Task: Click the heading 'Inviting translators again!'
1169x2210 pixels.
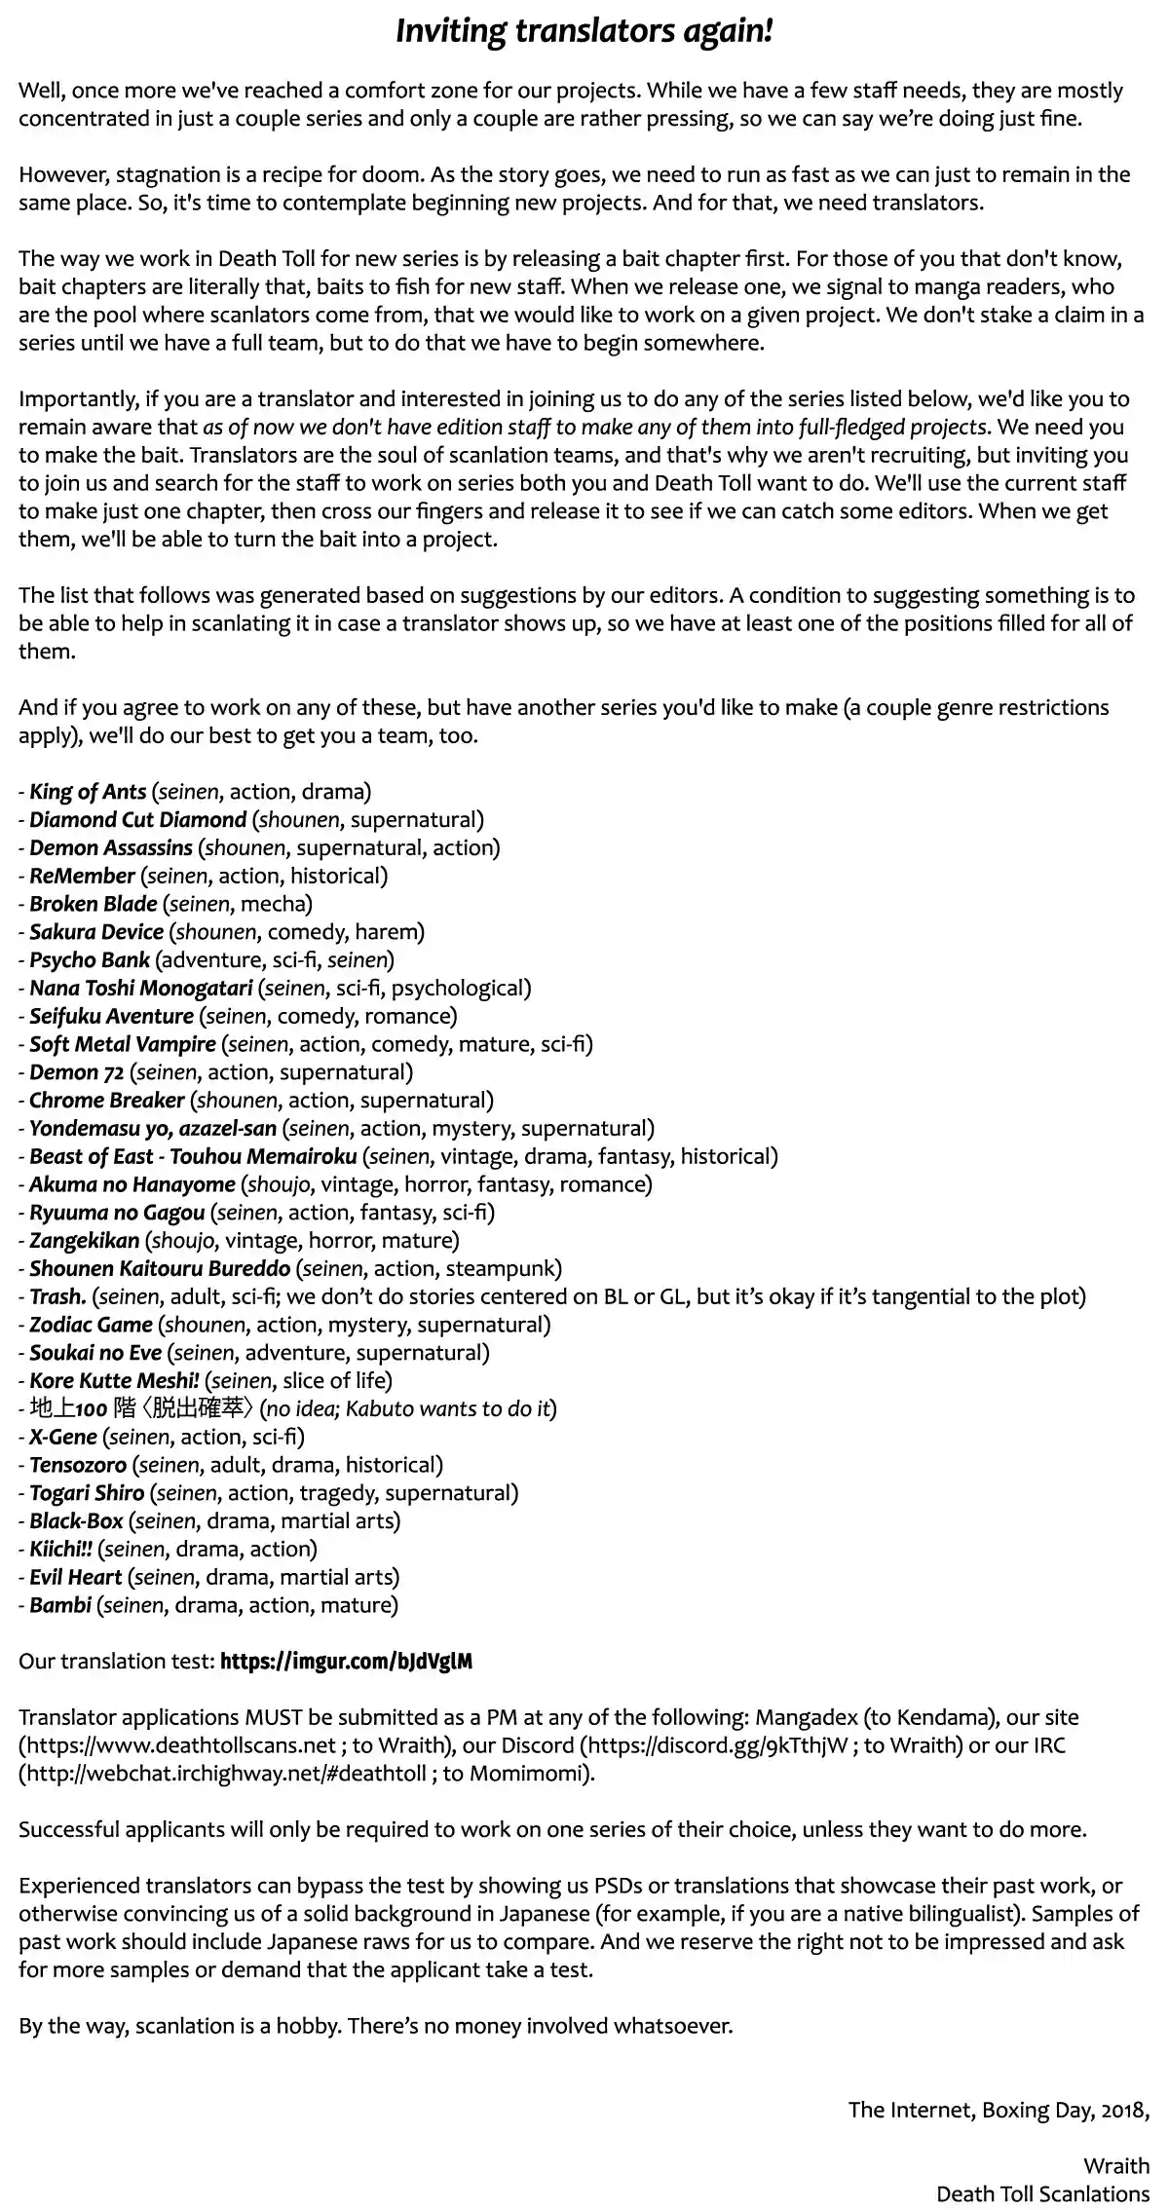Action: pyautogui.click(x=584, y=32)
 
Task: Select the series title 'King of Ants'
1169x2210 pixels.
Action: pyautogui.click(x=88, y=792)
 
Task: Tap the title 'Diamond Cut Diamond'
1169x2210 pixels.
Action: pyautogui.click(x=137, y=820)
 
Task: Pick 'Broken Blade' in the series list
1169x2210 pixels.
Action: pyautogui.click(x=93, y=904)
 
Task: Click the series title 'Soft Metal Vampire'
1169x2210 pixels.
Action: pyautogui.click(x=122, y=1044)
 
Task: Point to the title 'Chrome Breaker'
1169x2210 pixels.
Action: pyautogui.click(x=106, y=1101)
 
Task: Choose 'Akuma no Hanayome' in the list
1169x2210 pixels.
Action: pyautogui.click(x=132, y=1184)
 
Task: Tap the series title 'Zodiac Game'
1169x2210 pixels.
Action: pyautogui.click(x=91, y=1325)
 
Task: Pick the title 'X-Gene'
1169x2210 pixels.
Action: pyautogui.click(x=63, y=1437)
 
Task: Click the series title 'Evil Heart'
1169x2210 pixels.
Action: pyautogui.click(x=75, y=1577)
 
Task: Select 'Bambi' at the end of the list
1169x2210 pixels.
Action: pyautogui.click(x=60, y=1605)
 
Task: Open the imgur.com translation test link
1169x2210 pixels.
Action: pyautogui.click(x=346, y=1662)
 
